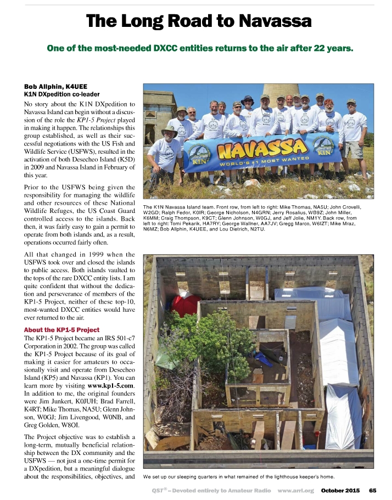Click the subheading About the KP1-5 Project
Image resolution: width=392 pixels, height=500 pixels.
61,330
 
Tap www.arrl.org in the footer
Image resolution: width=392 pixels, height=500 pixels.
296,490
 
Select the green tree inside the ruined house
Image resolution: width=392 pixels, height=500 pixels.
211,340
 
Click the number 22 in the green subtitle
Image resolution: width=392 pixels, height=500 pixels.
322,48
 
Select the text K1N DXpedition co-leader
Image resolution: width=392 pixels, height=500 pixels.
61,94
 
